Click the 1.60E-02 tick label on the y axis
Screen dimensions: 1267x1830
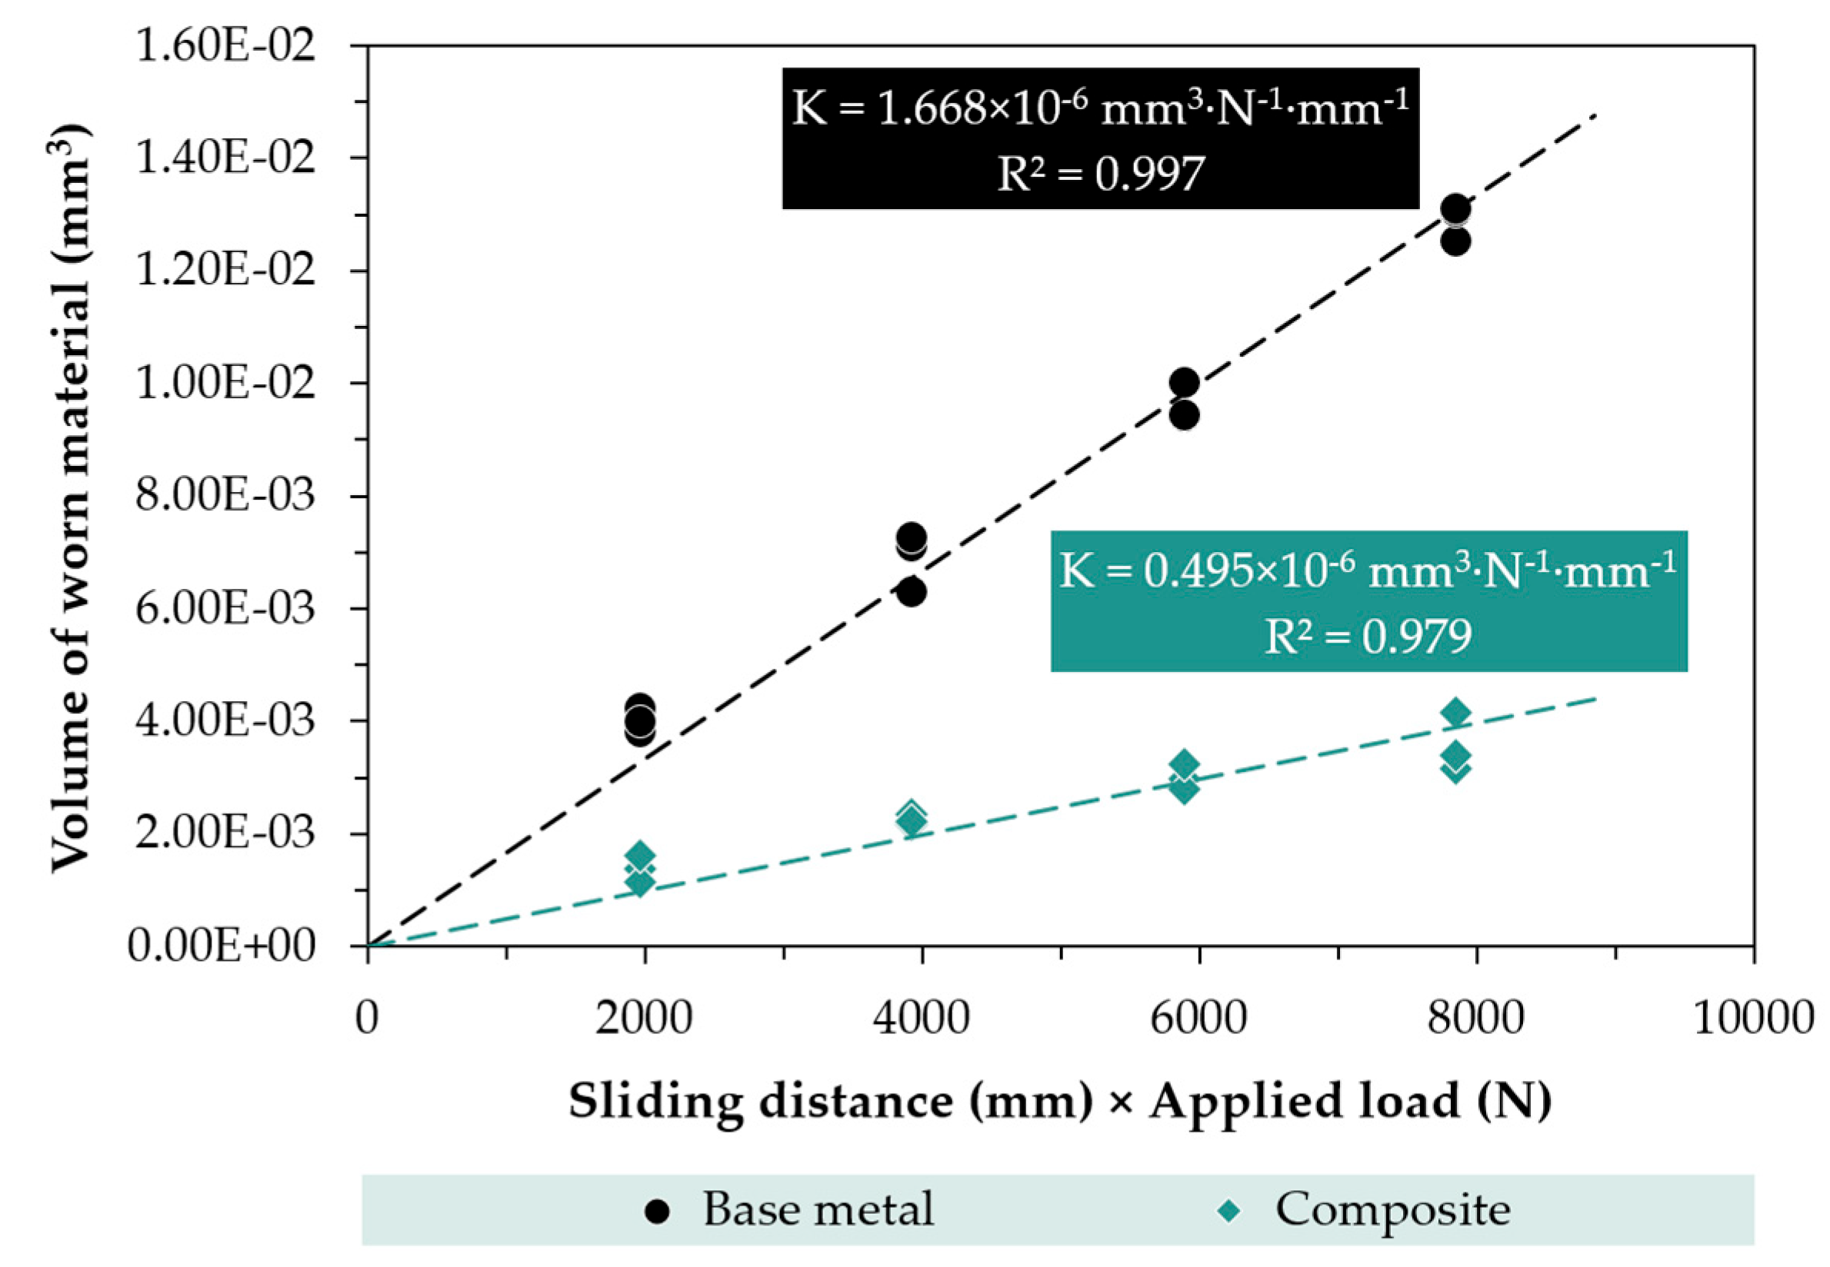(x=225, y=45)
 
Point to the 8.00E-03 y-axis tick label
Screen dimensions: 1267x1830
(x=225, y=495)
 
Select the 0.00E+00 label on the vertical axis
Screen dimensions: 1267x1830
(x=221, y=946)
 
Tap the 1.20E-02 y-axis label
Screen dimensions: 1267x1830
(x=225, y=270)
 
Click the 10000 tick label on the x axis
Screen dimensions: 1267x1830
(x=1753, y=1017)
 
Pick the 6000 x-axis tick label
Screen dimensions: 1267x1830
(x=1198, y=1017)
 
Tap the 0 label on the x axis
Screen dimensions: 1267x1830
(x=367, y=1017)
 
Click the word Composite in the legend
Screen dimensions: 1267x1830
(x=1392, y=1211)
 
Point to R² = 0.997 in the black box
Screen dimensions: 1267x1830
(x=1100, y=173)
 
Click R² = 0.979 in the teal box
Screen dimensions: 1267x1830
(x=1368, y=636)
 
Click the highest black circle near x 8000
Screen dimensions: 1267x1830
(x=1455, y=209)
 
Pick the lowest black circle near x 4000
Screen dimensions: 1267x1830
(x=912, y=591)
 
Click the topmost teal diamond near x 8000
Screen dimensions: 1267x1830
(x=1455, y=713)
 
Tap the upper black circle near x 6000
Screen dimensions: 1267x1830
(x=1184, y=383)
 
